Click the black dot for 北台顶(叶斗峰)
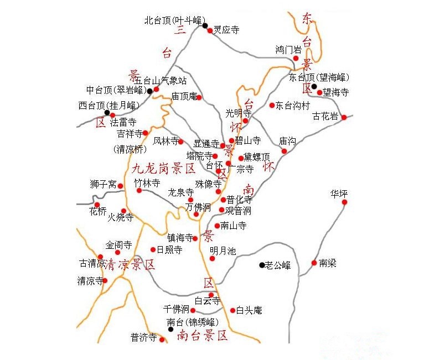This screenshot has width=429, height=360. pos(205,25)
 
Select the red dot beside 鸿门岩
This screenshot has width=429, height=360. pos(296,58)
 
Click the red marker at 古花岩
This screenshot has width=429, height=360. pos(344,117)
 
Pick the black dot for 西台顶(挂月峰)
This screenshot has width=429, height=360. pos(107,113)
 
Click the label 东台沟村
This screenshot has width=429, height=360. pos(293,105)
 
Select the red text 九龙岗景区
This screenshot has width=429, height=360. pos(164,168)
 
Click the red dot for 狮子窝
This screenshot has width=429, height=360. pos(120,186)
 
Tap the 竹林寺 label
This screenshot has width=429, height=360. pos(147,182)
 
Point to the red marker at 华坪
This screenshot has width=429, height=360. pos(344,202)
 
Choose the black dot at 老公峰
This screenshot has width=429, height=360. pos(262,265)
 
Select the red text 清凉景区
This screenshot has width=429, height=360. pos(131,264)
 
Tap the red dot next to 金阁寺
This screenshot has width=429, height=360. pos(117,252)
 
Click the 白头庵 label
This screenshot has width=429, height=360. pos(249,311)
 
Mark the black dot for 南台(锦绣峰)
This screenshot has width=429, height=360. pos(170,329)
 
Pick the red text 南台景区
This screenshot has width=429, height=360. pos(202,335)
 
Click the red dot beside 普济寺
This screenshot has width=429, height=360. pos(162,340)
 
